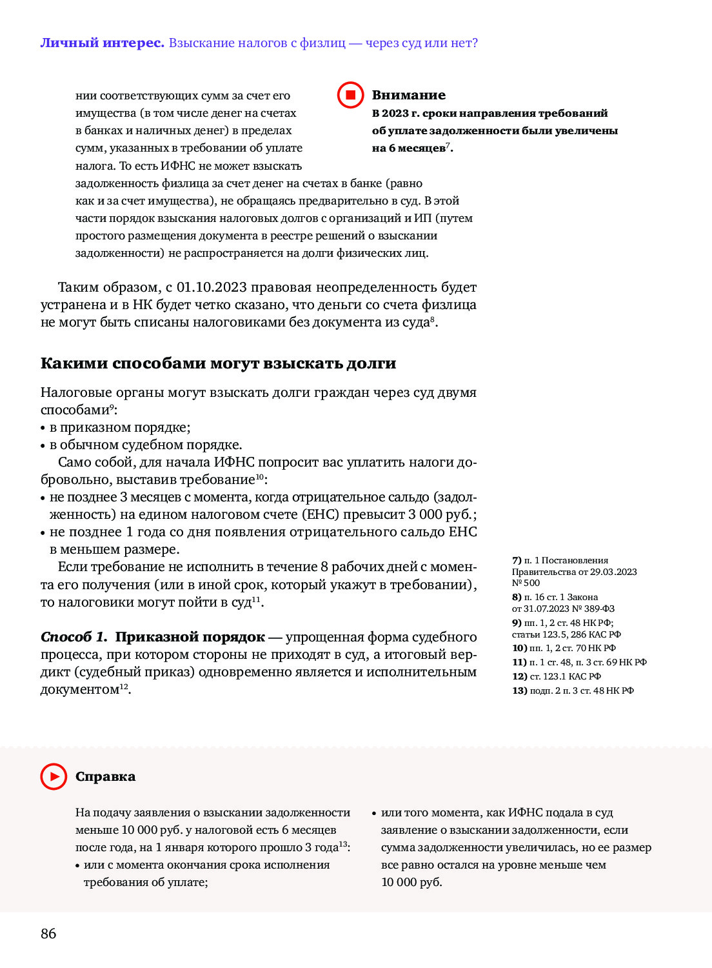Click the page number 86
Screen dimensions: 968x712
click(48, 933)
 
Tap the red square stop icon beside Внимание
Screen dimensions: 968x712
click(351, 96)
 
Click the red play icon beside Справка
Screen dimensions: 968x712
click(54, 776)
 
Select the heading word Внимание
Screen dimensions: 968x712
click(408, 96)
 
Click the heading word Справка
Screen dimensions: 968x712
click(105, 776)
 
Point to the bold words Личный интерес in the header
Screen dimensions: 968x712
click(103, 43)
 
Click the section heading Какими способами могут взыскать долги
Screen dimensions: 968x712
click(218, 363)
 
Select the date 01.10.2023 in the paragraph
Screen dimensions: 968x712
click(212, 287)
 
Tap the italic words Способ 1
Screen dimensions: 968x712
click(74, 637)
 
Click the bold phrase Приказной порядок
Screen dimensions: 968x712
click(190, 637)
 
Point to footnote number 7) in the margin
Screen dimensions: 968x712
click(517, 560)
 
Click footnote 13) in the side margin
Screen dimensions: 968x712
click(520, 691)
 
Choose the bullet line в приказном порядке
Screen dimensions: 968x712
click(120, 427)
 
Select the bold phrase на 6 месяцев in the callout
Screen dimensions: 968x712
click(409, 148)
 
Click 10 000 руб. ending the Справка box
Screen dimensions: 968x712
click(411, 882)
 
